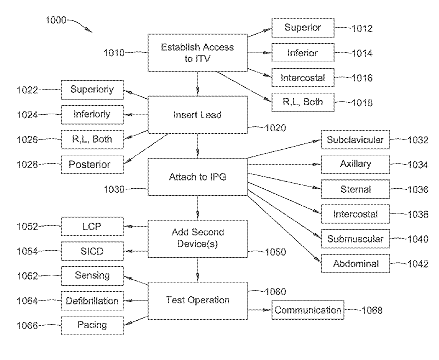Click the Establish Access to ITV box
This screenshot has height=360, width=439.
pos(198,53)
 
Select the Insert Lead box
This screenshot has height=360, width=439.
pos(198,115)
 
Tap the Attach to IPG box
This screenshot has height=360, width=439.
pos(198,177)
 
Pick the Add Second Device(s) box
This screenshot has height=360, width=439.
pos(198,239)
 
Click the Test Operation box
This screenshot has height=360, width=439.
pos(198,301)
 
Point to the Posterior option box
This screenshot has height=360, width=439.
pos(92,164)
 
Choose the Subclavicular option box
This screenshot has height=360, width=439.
pos(355,139)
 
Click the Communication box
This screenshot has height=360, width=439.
pos(308,310)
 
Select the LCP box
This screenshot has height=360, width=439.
pos(92,227)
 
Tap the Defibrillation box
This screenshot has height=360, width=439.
pos(92,301)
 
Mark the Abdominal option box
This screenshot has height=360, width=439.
pos(355,264)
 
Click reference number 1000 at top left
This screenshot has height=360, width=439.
pos(56,20)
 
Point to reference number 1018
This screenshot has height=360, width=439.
pos(362,103)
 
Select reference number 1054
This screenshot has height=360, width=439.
pos(27,251)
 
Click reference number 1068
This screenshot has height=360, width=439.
pos(372,310)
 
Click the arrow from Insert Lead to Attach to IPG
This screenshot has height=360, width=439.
pos(198,146)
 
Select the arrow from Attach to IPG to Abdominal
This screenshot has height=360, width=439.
pos(284,229)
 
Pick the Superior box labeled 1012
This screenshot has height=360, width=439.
pos(303,28)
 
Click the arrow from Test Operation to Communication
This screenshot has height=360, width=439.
pos(260,310)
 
